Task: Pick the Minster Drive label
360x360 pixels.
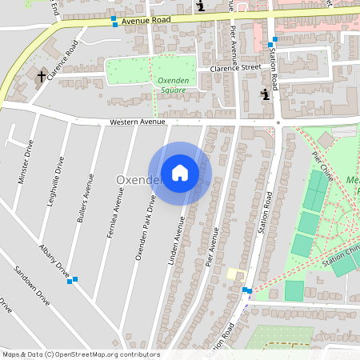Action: (26, 162)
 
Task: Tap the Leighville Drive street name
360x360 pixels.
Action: (55, 180)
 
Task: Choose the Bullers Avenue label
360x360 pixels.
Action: (84, 197)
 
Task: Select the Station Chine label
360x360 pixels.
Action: (342, 256)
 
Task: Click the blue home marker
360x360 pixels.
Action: (180, 173)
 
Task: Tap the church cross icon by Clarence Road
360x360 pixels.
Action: (42, 76)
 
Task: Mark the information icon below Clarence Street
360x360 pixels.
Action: (265, 95)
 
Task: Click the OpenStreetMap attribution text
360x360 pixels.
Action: (81, 354)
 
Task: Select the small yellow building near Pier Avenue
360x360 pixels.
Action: (233, 274)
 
